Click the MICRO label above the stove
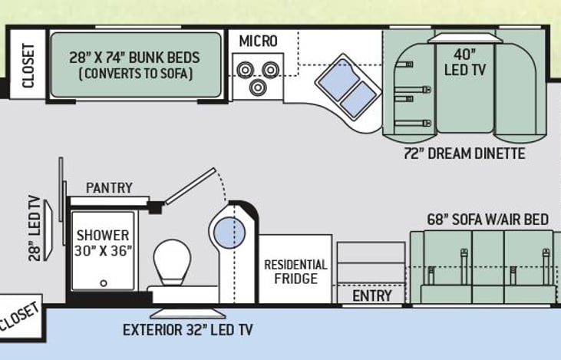258,41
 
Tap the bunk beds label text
135,65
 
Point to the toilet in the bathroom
172,263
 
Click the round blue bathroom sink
229,233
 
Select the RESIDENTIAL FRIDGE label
295,271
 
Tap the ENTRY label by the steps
371,296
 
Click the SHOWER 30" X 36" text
103,243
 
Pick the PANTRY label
109,187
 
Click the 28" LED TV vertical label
35,228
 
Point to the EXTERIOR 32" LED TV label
187,331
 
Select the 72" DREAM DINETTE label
464,154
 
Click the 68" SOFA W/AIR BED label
487,220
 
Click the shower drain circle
102,282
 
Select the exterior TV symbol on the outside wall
187,313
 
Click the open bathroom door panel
189,187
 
